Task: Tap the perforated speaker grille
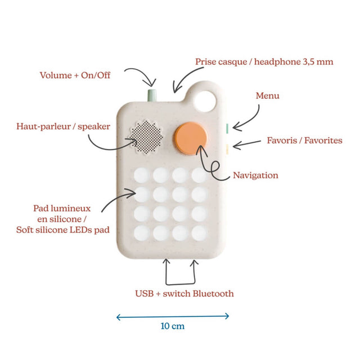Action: tap(148, 138)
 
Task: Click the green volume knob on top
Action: tap(151, 94)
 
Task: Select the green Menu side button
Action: tap(226, 128)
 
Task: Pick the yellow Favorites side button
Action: tap(226, 148)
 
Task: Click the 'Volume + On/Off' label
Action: tap(75, 75)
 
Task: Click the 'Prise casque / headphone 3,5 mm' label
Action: tap(264, 61)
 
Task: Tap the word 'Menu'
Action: tap(268, 96)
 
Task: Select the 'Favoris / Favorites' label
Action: tap(304, 140)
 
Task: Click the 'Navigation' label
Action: tap(255, 175)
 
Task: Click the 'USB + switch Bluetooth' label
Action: tap(184, 293)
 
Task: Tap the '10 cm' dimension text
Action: tap(172, 326)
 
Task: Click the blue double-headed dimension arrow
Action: tap(173, 316)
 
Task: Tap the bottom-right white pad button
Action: tap(199, 232)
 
